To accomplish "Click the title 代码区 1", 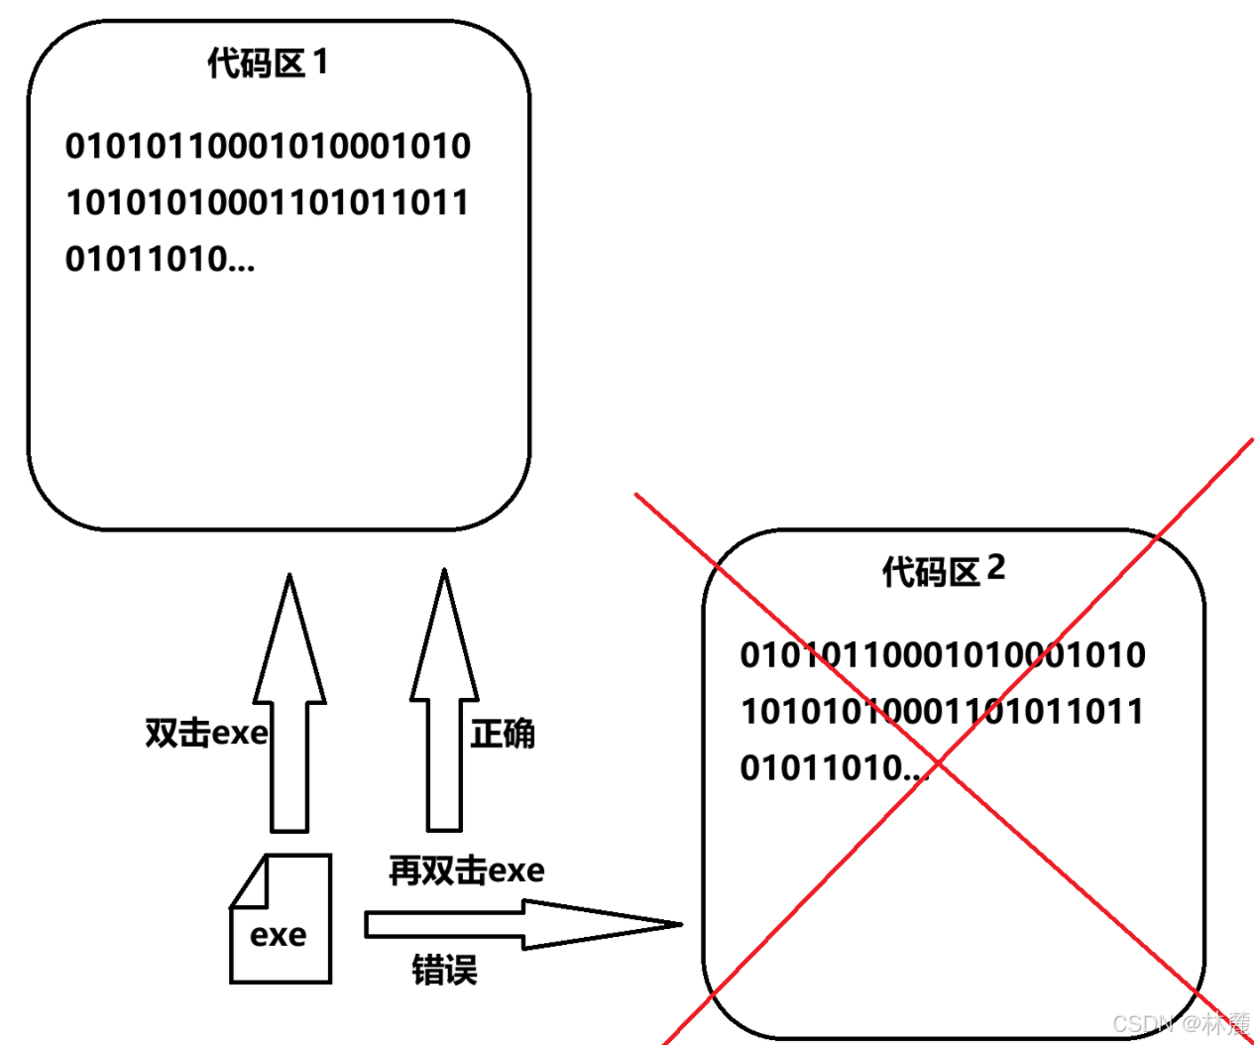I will pyautogui.click(x=267, y=63).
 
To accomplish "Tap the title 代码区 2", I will pyautogui.click(x=943, y=571).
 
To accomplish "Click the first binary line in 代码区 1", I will pyautogui.click(x=268, y=146).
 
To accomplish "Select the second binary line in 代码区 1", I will pyautogui.click(x=267, y=202).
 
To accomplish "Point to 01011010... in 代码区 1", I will pyautogui.click(x=160, y=259).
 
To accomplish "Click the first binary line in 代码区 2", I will pyautogui.click(x=943, y=654).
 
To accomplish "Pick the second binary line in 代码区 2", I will pyautogui.click(x=942, y=711).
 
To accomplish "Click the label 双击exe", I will pyautogui.click(x=206, y=733).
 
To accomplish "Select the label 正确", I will pyautogui.click(x=503, y=734).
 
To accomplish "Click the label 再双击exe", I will pyautogui.click(x=466, y=870).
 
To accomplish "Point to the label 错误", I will pyautogui.click(x=444, y=969).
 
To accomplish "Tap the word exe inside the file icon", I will pyautogui.click(x=279, y=935).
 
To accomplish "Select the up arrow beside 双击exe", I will pyautogui.click(x=289, y=704).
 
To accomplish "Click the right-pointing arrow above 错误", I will pyautogui.click(x=522, y=924).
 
